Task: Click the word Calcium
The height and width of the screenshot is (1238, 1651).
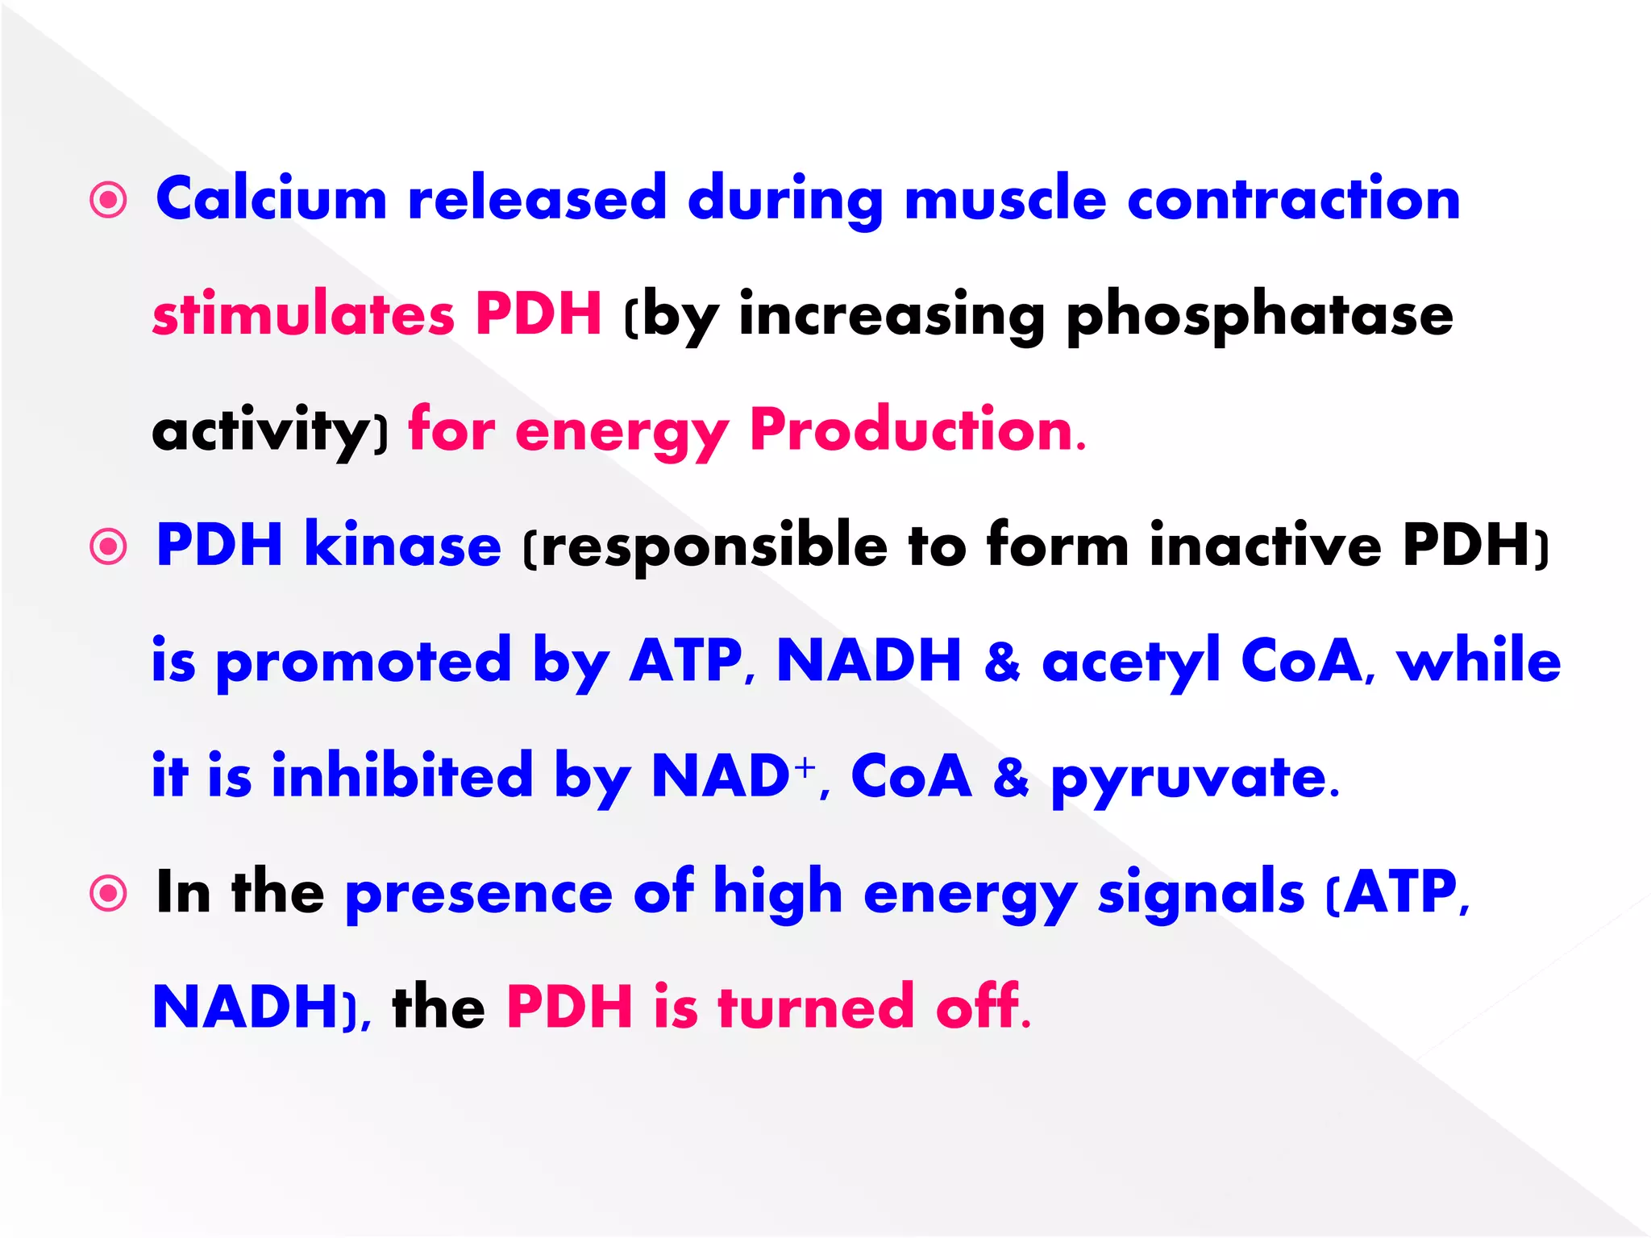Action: pos(271,198)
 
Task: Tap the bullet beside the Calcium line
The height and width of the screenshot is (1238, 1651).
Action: pos(109,200)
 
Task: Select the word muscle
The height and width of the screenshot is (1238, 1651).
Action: pos(1005,200)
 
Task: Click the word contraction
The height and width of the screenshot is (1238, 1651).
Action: pos(1293,200)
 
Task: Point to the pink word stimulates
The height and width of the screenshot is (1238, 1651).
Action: pos(303,314)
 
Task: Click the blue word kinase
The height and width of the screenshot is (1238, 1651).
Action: pos(402,546)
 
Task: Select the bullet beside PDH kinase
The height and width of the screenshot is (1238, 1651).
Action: pos(109,547)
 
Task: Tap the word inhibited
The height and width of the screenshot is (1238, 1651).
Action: pos(402,775)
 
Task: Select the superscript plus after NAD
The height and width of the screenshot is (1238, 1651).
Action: pos(804,766)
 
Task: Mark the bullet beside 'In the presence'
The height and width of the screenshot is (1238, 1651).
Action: pos(109,894)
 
